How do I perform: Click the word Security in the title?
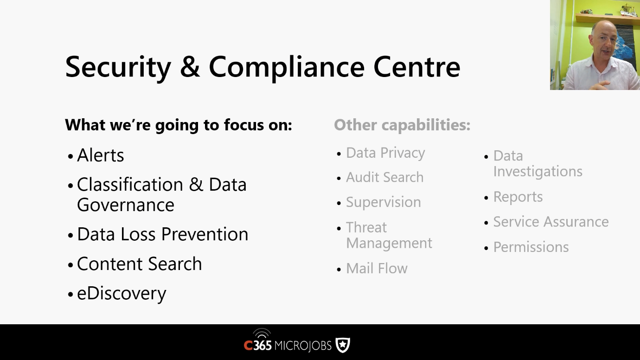pos(118,67)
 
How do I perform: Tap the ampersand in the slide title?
pos(190,67)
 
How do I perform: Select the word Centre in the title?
pos(416,66)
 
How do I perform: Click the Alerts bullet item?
pos(100,155)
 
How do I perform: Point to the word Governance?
pos(126,205)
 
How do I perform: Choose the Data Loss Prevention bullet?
pos(163,234)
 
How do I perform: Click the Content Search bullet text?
pos(140,264)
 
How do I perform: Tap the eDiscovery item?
pos(122,294)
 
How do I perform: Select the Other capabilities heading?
pos(402,125)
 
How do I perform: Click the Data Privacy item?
pos(385,153)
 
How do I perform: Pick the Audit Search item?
pos(384,177)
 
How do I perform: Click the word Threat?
pos(366,227)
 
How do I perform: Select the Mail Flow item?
pos(377,268)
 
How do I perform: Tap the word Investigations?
pos(538,172)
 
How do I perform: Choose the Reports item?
pos(518,197)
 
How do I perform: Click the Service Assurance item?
pos(551,222)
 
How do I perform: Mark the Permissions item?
pos(531,247)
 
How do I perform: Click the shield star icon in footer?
pos(343,345)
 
